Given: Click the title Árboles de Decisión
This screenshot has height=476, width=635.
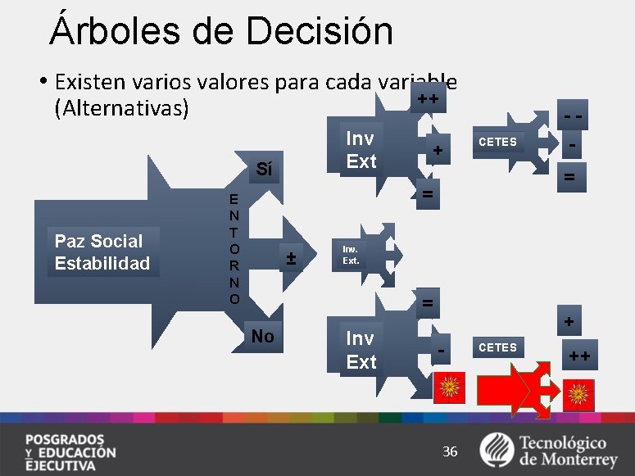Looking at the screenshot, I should click(x=221, y=30).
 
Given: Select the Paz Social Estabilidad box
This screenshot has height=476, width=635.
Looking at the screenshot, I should click(x=102, y=252).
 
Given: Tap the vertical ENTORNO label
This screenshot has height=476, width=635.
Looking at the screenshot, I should click(x=234, y=249).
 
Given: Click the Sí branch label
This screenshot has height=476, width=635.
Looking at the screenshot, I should click(x=263, y=170).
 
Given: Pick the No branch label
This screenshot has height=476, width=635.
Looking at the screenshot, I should click(x=263, y=336).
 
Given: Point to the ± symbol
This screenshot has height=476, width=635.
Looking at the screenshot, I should click(x=290, y=260).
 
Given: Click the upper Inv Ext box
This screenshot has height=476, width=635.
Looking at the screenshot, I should click(x=361, y=150).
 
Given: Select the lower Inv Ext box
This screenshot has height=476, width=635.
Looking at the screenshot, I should click(x=361, y=350).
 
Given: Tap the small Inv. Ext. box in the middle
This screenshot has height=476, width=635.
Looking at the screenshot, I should click(x=351, y=255).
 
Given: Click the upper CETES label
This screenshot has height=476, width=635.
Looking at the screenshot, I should click(x=498, y=142).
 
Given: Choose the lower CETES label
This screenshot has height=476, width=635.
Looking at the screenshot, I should click(x=498, y=347).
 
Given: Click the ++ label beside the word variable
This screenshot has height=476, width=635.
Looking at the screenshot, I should click(x=427, y=100).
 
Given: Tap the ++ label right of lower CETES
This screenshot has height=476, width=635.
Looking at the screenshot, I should click(x=579, y=356).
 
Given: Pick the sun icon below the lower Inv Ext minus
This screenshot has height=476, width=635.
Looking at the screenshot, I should click(x=449, y=386).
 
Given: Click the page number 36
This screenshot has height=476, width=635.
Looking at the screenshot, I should click(x=450, y=451).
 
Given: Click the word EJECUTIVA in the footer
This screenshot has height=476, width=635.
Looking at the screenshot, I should click(x=60, y=465).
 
